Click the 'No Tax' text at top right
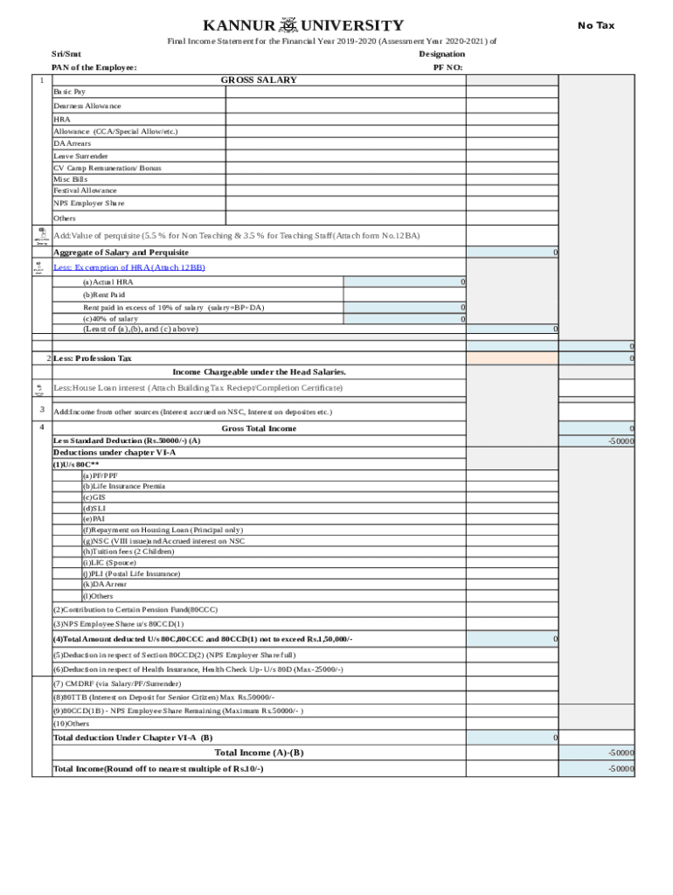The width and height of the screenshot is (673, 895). tap(596, 25)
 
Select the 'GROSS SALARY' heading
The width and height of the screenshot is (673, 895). tap(258, 80)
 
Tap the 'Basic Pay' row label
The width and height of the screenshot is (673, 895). tap(69, 92)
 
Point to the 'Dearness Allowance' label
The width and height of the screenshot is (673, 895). tap(87, 106)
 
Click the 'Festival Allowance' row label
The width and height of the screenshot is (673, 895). tap(85, 191)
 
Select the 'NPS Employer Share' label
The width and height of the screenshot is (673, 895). tap(88, 203)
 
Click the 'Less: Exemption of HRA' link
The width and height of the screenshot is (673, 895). tap(129, 267)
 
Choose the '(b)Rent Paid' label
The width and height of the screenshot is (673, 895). tap(104, 295)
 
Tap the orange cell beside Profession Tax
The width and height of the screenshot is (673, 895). tap(511, 358)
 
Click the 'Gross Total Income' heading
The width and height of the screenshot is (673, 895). tap(259, 428)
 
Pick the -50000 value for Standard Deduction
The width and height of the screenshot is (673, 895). tap(621, 441)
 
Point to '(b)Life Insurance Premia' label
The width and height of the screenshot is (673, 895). tap(123, 486)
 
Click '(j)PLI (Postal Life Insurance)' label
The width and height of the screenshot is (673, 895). tap(131, 573)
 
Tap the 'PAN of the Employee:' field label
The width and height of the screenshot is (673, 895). tap(94, 67)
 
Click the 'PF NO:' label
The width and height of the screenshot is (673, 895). tap(448, 67)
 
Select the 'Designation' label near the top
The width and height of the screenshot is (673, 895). tap(441, 54)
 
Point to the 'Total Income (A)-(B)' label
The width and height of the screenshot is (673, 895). tap(259, 753)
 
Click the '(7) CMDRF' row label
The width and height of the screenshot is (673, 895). tap(117, 683)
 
